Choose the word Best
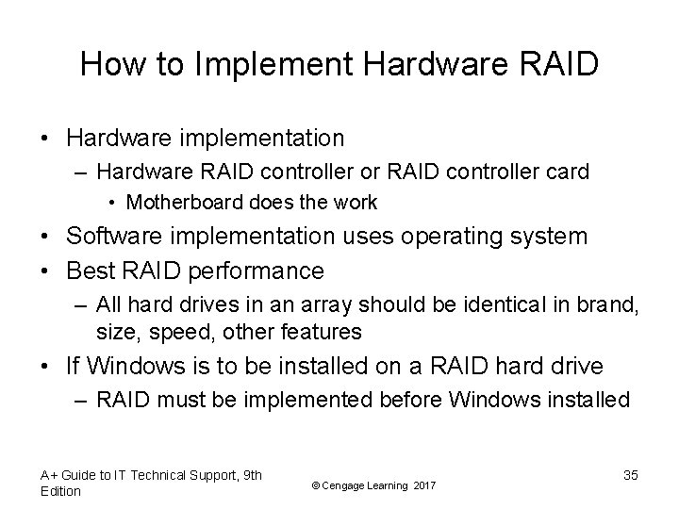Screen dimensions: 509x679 point(89,271)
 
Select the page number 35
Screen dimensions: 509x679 point(630,475)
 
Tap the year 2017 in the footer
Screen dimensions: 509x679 point(424,484)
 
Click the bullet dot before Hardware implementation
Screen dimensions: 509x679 point(46,139)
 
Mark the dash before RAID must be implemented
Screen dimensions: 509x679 point(81,400)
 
